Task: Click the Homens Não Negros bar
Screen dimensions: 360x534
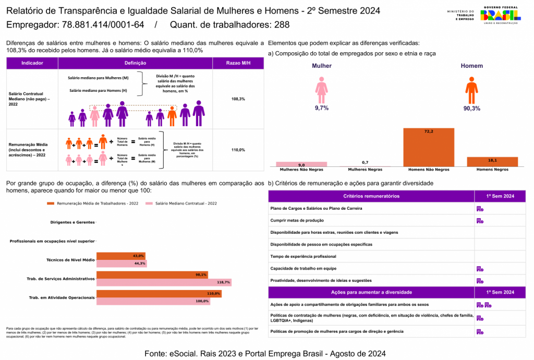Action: [429, 147]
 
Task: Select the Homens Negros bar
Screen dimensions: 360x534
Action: [492, 161]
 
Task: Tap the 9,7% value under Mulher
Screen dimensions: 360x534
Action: [321, 108]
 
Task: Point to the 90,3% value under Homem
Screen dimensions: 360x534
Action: [471, 109]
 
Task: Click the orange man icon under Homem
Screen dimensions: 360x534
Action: [471, 90]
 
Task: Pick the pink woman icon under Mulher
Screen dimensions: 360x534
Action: [321, 90]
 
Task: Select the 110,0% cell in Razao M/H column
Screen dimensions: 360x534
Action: [238, 150]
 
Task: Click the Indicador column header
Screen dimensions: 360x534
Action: [32, 63]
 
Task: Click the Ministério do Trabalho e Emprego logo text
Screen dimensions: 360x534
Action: [460, 15]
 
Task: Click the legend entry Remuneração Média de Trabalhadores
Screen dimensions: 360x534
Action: [94, 203]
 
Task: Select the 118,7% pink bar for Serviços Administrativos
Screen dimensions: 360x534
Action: [164, 282]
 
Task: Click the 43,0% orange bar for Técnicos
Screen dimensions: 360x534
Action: [121, 256]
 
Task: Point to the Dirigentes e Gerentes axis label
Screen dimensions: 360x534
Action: [72, 222]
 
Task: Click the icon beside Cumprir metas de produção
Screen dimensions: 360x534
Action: [480, 221]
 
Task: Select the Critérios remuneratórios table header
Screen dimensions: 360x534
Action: [371, 196]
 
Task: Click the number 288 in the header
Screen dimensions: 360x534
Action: [282, 25]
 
